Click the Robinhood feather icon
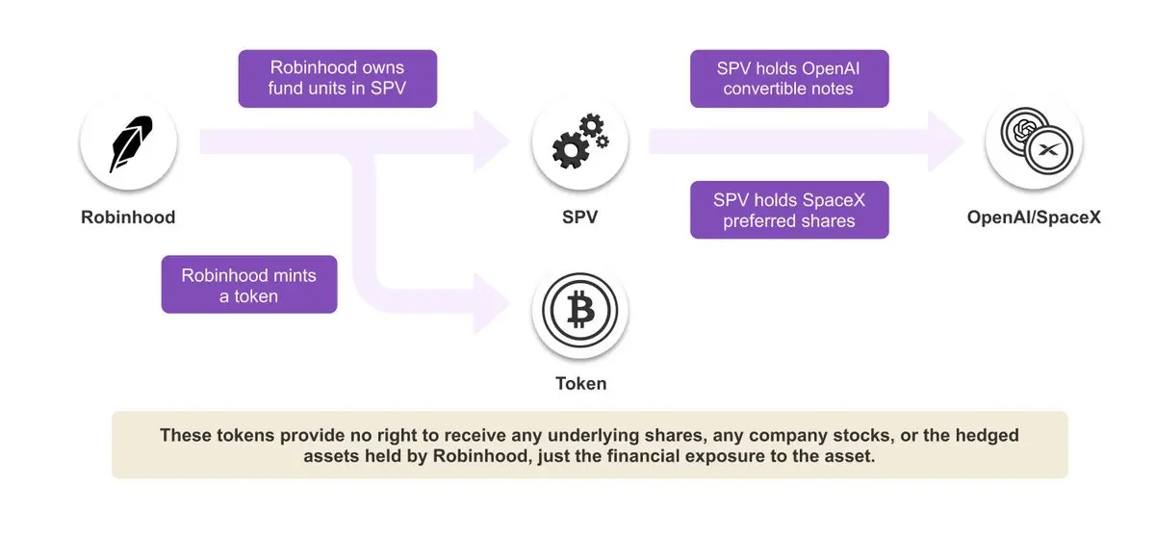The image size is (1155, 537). pos(128,144)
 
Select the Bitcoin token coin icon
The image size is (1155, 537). pos(580,311)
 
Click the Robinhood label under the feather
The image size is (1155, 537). pos(128,217)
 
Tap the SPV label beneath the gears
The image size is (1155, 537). pos(579,217)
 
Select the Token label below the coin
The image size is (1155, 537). pos(580,383)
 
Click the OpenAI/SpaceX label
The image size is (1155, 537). pos(1034,217)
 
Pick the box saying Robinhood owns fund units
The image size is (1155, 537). pos(337,79)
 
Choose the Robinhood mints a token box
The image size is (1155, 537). pos(248,285)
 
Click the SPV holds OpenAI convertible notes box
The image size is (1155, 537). pos(788,79)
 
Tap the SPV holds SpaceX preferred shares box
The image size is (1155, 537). pos(788,210)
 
